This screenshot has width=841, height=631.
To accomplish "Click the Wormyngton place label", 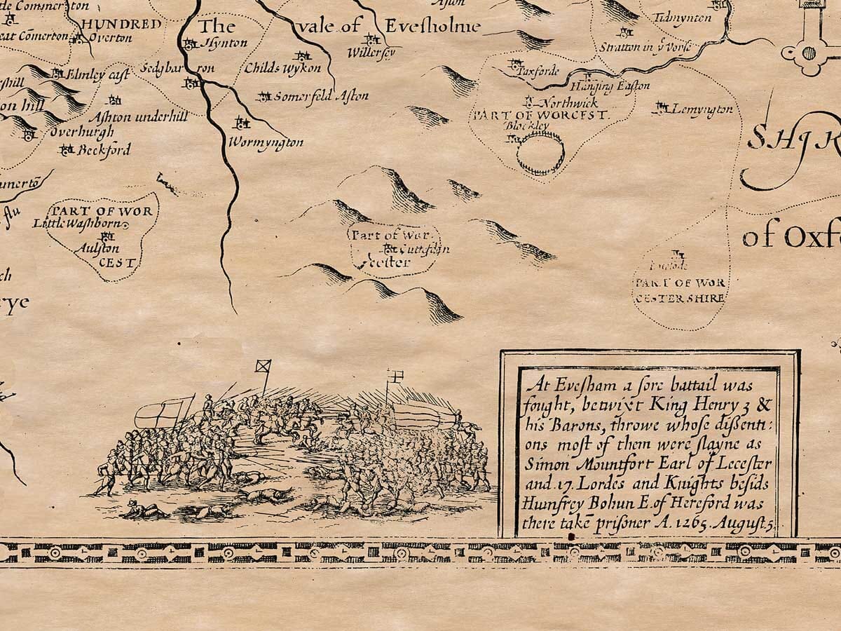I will tap(266, 143).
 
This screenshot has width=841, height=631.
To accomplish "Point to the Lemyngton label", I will tap(702, 109).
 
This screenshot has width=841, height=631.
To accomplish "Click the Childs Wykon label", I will tap(282, 68).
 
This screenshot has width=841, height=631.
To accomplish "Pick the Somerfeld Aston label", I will tap(320, 97).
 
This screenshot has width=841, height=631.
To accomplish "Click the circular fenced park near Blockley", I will tap(540, 152).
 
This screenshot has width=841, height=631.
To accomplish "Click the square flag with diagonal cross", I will tap(263, 366).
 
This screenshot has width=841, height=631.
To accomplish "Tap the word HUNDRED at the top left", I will tap(120, 22).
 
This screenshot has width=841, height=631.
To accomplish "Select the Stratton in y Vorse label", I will tap(645, 47).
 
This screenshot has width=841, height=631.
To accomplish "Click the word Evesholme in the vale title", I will tap(435, 27).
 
